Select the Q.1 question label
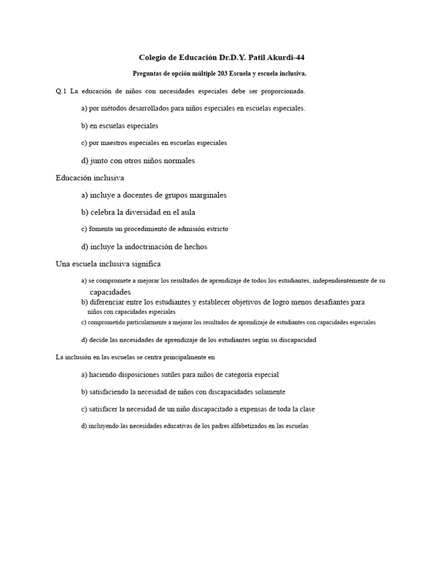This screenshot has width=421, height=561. click(x=61, y=91)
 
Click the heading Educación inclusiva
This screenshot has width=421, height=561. click(x=90, y=178)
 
